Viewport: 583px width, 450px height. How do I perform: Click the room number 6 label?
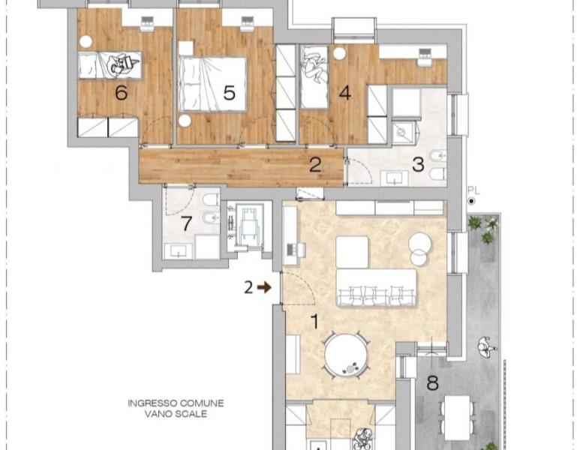pyautogui.click(x=122, y=93)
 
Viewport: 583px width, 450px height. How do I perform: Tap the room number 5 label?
pyautogui.click(x=229, y=93)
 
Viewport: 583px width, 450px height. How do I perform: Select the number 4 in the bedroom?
pyautogui.click(x=345, y=93)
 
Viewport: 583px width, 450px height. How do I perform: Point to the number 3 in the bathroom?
pyautogui.click(x=418, y=164)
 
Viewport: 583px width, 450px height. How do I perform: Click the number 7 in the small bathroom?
pyautogui.click(x=186, y=223)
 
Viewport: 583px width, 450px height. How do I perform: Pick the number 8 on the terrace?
pyautogui.click(x=432, y=383)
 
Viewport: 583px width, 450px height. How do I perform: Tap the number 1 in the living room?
pyautogui.click(x=315, y=322)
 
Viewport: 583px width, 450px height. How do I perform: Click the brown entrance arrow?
pyautogui.click(x=264, y=287)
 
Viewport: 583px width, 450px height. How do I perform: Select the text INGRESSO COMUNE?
pyautogui.click(x=176, y=403)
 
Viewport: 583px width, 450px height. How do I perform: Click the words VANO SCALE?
pyautogui.click(x=176, y=414)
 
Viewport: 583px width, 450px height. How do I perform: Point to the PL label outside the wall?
pyautogui.click(x=473, y=191)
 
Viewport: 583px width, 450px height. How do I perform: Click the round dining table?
pyautogui.click(x=347, y=355)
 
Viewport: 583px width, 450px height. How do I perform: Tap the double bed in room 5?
pyautogui.click(x=212, y=84)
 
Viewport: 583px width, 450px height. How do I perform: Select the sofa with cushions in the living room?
pyautogui.click(x=376, y=288)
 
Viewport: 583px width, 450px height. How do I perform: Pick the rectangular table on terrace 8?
pyautogui.click(x=458, y=418)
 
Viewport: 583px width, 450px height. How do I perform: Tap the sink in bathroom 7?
pyautogui.click(x=179, y=251)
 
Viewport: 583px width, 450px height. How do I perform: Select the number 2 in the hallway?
pyautogui.click(x=315, y=164)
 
